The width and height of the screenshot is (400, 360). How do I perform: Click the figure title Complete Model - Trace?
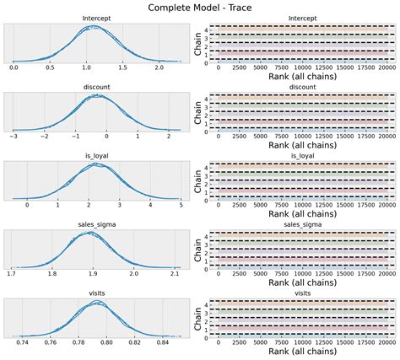(199, 7)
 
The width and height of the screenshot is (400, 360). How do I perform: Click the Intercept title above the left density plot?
(97, 18)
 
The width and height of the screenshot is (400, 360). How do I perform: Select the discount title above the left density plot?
(97, 86)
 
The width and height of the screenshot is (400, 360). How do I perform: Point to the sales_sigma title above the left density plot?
(97, 224)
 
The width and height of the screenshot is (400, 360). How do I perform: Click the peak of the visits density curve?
(97, 303)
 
